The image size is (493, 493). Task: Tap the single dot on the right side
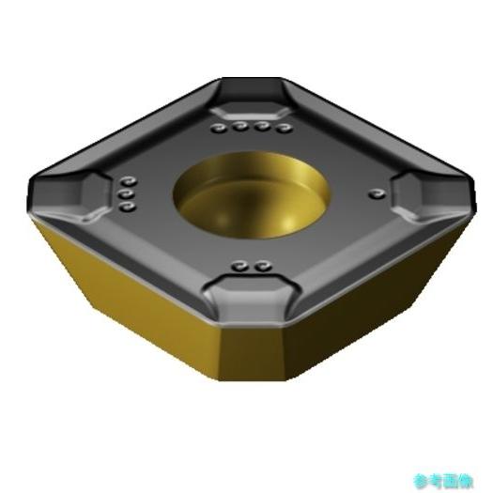377,193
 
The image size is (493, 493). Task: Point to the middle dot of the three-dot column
124,194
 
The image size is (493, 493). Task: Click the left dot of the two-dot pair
241,266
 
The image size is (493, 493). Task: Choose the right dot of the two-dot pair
258,266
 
